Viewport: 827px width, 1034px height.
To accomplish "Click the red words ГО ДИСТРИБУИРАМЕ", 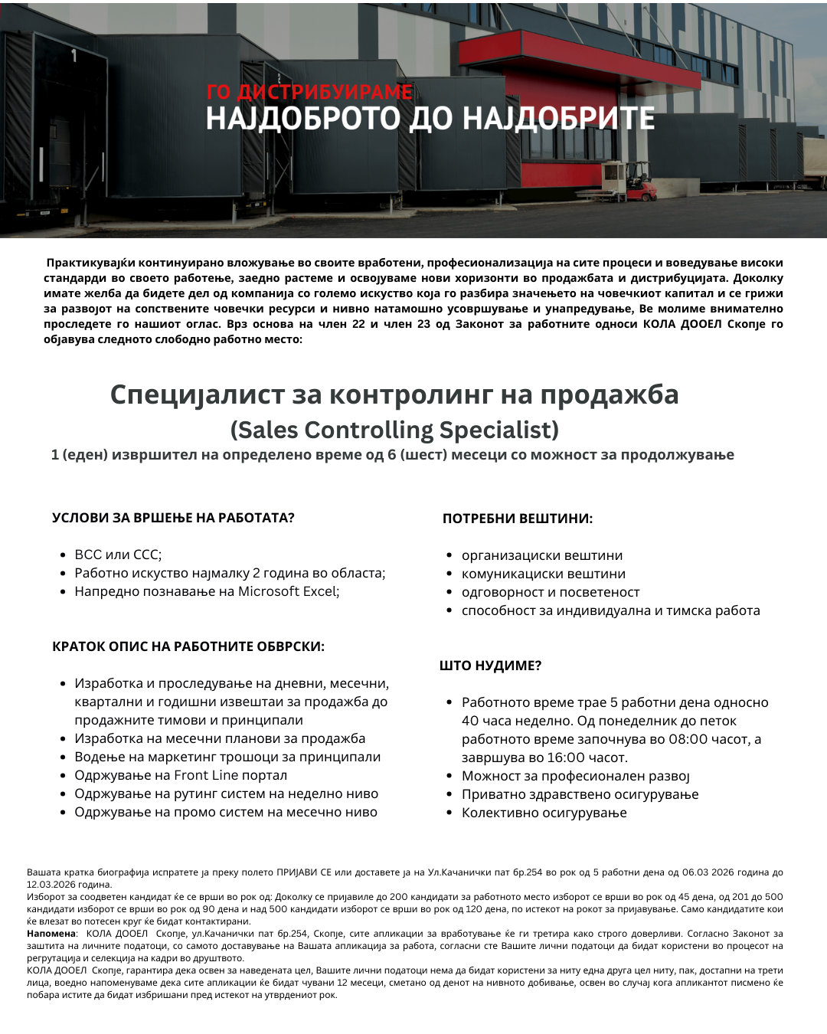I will click(x=309, y=93).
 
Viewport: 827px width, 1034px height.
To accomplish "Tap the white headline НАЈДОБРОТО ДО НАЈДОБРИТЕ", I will click(x=430, y=119).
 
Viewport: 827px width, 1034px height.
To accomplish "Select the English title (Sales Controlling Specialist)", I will click(x=394, y=430).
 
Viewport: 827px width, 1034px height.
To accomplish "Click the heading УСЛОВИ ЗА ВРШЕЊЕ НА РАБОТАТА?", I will click(x=173, y=518).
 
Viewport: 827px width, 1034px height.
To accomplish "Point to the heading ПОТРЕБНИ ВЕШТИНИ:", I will click(x=518, y=519).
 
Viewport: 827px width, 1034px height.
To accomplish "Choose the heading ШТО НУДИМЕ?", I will click(x=490, y=666).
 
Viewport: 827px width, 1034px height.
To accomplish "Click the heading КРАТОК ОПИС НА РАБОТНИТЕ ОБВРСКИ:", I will click(x=188, y=646).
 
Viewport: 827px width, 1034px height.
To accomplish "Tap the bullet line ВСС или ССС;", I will click(x=118, y=555).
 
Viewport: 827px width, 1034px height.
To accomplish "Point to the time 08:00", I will click(x=691, y=739).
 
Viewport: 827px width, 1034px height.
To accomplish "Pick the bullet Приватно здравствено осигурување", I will click(x=580, y=794).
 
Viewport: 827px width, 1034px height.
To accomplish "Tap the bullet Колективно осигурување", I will click(x=544, y=813).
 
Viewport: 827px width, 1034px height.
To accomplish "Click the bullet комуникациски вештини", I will click(x=543, y=574).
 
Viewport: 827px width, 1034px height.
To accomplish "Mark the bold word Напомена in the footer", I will click(x=51, y=934).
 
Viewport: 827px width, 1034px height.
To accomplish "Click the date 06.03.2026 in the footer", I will click(x=708, y=872).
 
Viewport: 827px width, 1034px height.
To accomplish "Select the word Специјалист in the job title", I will click(x=198, y=394).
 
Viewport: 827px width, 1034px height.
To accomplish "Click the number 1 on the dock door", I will click(x=74, y=55).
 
